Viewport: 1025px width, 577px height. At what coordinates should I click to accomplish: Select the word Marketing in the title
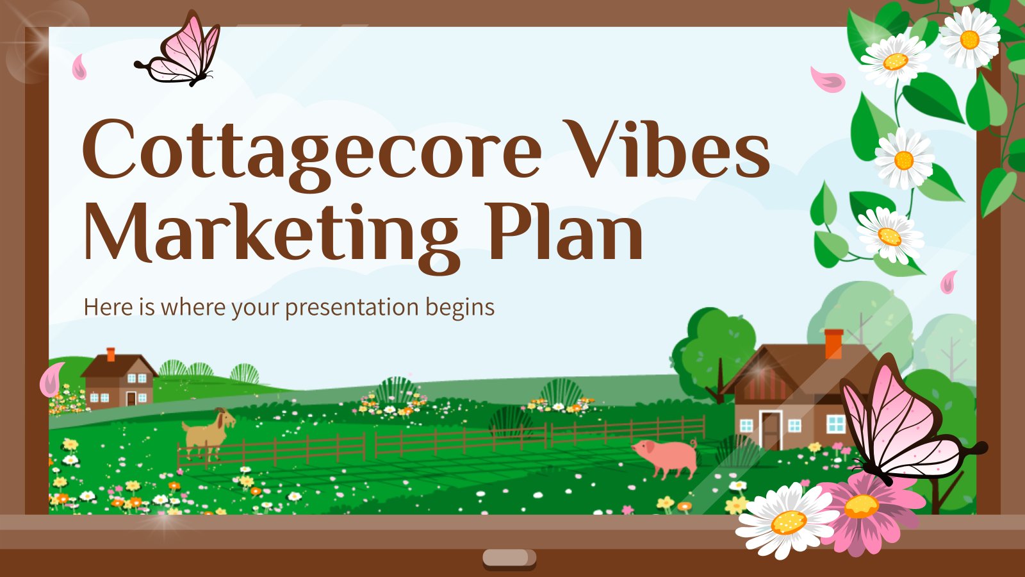click(269, 234)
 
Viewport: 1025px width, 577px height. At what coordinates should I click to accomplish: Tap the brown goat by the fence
click(208, 431)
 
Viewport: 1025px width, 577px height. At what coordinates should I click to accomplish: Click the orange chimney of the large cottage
click(833, 344)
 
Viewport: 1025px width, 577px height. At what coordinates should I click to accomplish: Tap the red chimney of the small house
click(111, 355)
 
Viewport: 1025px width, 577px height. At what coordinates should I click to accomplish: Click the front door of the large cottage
click(771, 430)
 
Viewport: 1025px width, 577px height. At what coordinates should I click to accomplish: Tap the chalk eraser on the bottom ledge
click(509, 558)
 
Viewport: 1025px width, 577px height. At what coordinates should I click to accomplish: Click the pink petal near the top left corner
click(79, 67)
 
